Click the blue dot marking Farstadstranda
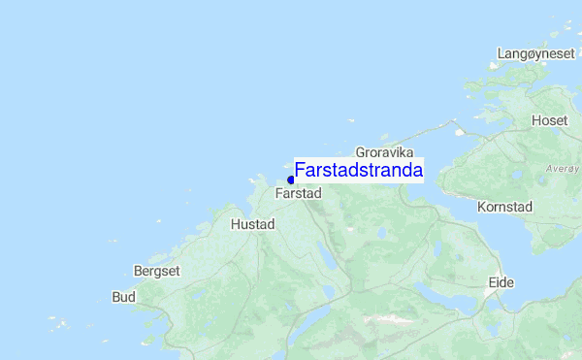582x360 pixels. point(291,180)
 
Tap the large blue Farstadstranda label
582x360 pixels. point(358,170)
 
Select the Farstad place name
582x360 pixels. point(298,194)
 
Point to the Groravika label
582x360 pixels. point(385,153)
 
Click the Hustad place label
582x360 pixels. point(252,224)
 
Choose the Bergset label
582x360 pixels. point(157,272)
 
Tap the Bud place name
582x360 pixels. point(123,297)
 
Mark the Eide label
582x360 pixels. point(501,282)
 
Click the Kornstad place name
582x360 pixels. point(505,207)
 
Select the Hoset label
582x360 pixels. point(549,120)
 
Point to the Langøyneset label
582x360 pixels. point(536,53)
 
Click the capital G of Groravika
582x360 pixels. point(361,153)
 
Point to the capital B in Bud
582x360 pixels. point(116,297)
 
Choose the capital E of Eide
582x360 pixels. point(492,282)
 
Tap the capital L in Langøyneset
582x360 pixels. point(501,53)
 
